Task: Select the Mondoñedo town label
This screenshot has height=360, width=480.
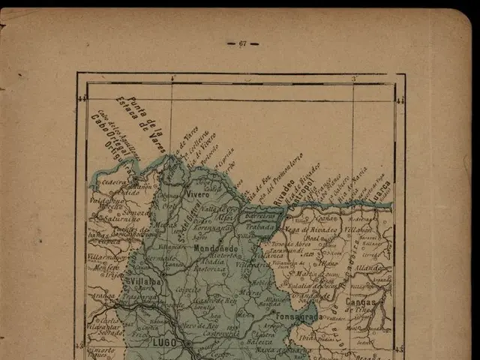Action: (x=215, y=248)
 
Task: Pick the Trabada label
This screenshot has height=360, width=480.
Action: (x=260, y=226)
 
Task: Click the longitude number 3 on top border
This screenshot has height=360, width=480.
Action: (x=354, y=78)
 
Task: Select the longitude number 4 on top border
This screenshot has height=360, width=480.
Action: (x=172, y=78)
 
